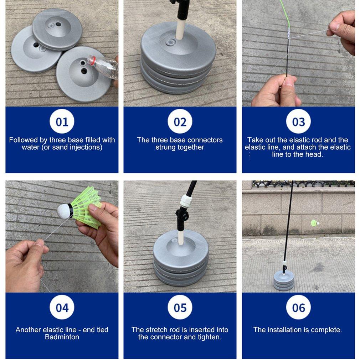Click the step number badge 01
[x=62, y=122]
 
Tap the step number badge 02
[x=180, y=122]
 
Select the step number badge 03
[x=298, y=122]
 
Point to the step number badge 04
[x=62, y=307]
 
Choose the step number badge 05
[x=180, y=307]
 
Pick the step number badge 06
[x=298, y=307]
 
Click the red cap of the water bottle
[x=92, y=60]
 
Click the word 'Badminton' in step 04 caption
[x=62, y=337]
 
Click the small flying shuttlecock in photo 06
[x=315, y=223]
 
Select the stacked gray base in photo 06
[x=284, y=281]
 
